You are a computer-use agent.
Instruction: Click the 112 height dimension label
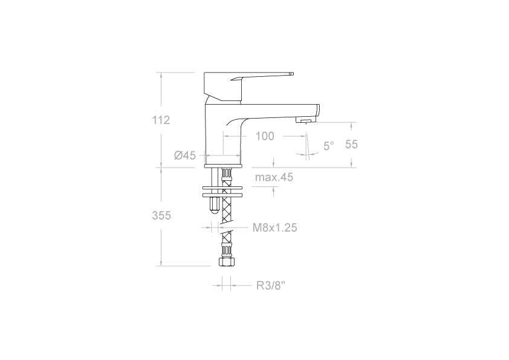161,120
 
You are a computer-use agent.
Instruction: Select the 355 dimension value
161,215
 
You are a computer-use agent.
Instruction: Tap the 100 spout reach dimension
264,136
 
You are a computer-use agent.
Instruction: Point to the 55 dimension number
352,144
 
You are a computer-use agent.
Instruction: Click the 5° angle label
328,146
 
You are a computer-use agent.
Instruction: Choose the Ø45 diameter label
185,155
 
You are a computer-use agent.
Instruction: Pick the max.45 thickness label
273,177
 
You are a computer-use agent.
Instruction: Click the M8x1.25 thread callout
274,227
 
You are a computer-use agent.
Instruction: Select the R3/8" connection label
270,285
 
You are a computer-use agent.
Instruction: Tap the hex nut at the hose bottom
225,263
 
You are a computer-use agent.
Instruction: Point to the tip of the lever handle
291,74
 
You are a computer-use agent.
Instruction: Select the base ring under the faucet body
223,165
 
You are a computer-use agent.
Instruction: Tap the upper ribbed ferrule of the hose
226,177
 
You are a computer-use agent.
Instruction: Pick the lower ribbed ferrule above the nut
225,250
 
